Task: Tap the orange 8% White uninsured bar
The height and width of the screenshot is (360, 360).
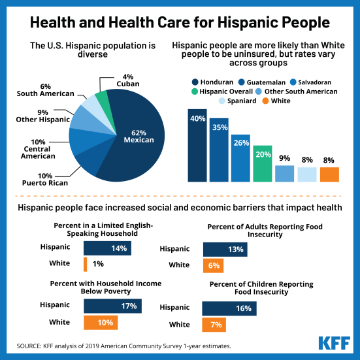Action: click(329, 174)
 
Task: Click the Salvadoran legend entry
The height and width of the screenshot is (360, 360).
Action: click(312, 82)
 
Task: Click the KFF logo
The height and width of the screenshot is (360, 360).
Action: click(334, 343)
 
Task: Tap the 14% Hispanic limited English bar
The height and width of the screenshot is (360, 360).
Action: click(107, 248)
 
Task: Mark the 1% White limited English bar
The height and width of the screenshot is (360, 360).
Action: click(85, 265)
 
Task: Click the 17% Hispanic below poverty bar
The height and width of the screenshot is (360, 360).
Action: click(112, 306)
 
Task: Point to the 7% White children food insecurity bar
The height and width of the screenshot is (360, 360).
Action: click(213, 325)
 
